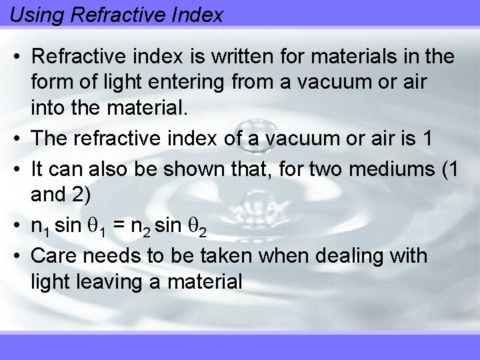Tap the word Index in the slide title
197,15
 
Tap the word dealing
363,256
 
